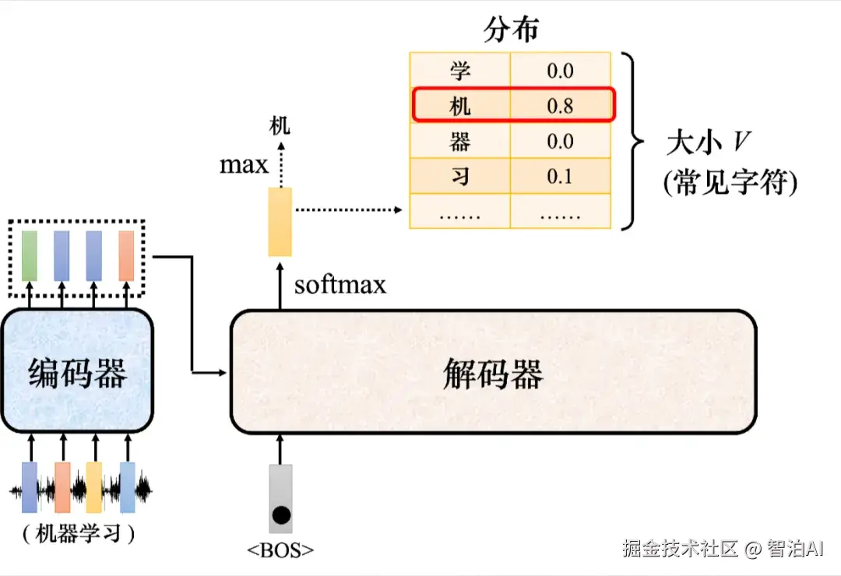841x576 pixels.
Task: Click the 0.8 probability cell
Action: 560,106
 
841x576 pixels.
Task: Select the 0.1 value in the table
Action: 559,177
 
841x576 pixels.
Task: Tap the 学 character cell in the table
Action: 459,71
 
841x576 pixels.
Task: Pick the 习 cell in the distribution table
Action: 459,176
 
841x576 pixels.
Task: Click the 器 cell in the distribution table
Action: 459,142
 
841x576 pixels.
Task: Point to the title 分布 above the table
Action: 511,29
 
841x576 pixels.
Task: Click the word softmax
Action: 340,284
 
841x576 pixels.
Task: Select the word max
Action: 244,165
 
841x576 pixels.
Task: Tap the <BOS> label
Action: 280,550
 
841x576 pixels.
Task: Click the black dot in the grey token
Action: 281,515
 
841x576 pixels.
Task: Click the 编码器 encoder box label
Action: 78,373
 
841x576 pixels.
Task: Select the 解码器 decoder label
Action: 493,374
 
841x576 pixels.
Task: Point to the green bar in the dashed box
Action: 30,256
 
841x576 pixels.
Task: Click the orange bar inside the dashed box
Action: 126,256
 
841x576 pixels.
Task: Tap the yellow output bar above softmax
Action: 280,222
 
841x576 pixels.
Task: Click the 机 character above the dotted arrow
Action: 280,126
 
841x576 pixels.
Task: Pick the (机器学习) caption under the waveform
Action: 79,534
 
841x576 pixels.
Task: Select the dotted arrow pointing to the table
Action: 349,209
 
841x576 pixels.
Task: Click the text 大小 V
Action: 708,142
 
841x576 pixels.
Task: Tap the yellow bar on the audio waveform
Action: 94,487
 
